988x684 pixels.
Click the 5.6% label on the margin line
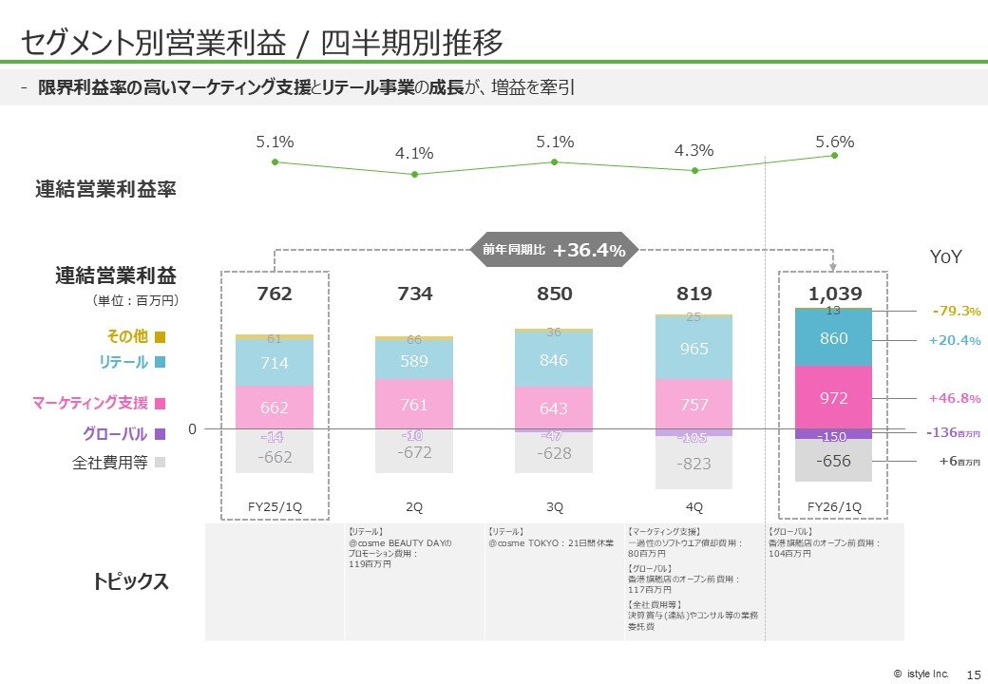(834, 142)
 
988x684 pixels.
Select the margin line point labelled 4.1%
(414, 174)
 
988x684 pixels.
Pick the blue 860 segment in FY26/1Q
(833, 339)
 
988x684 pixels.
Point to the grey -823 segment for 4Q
(693, 463)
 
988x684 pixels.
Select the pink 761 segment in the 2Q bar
(414, 405)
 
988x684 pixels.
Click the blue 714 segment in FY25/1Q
(275, 362)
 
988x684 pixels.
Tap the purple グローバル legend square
(160, 434)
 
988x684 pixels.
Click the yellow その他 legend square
(160, 336)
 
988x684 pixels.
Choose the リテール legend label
(123, 362)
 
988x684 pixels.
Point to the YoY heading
(945, 257)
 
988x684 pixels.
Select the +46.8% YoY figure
(954, 399)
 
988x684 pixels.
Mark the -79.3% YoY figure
(956, 311)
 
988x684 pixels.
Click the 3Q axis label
(554, 506)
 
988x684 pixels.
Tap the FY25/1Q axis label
(275, 506)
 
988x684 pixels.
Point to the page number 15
(973, 674)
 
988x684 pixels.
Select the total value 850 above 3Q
(554, 294)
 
